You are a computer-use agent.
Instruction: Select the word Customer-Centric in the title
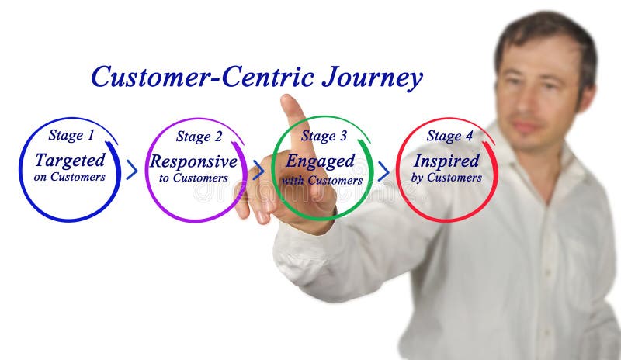point(202,77)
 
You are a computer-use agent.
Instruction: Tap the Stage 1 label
point(71,135)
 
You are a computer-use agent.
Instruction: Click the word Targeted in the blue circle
point(70,160)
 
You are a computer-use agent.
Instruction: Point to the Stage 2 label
point(199,137)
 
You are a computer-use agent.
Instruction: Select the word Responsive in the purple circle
point(193,161)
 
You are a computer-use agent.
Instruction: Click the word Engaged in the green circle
point(321,161)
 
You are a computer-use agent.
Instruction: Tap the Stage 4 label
point(449,137)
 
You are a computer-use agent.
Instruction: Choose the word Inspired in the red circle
point(446,161)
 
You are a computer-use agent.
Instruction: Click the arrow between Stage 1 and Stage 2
point(132,170)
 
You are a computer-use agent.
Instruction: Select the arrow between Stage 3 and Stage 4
point(383,171)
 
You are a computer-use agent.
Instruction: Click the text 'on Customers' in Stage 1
point(70,177)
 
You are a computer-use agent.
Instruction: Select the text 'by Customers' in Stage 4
point(446,178)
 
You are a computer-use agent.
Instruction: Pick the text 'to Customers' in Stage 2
point(193,178)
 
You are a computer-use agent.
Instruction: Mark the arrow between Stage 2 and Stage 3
point(258,170)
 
